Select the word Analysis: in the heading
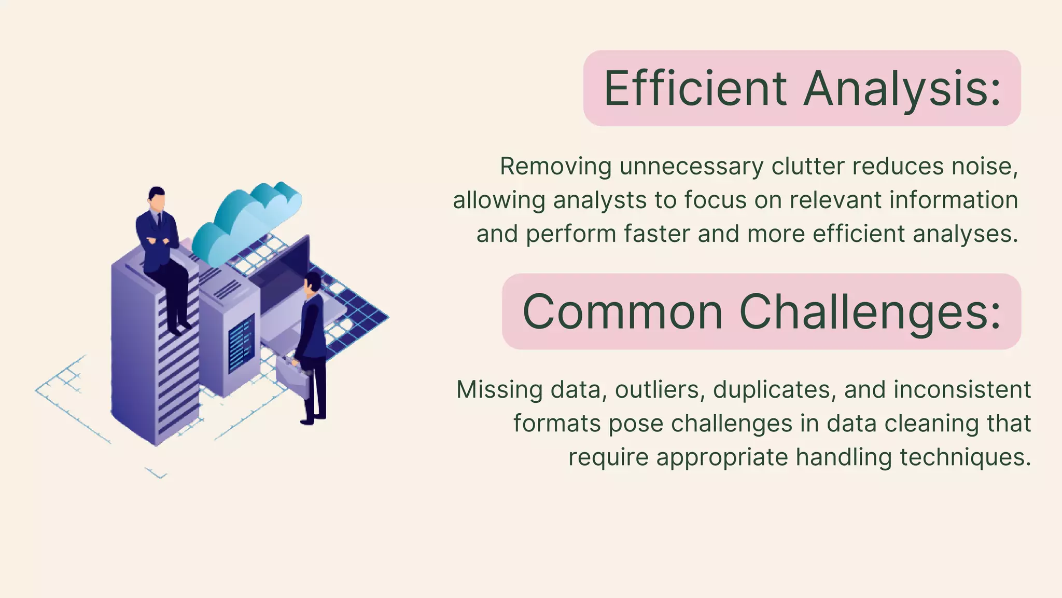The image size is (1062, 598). tap(902, 89)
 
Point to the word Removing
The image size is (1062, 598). tap(555, 167)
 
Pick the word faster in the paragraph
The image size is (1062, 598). tap(656, 234)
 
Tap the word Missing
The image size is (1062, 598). tap(499, 389)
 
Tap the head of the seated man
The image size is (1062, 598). tap(156, 198)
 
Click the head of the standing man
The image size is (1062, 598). tap(313, 283)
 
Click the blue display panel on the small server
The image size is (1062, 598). tap(241, 343)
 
